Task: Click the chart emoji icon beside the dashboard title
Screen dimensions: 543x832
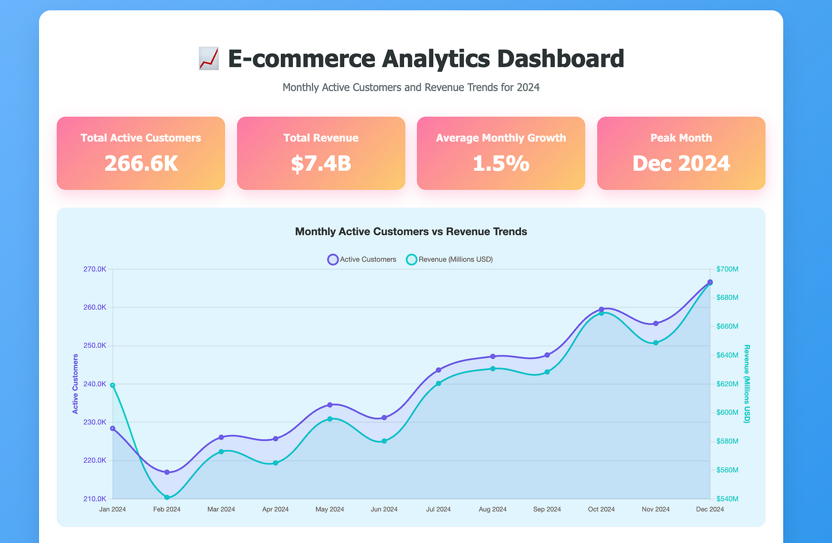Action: [209, 58]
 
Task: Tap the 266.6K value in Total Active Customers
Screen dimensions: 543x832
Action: [141, 163]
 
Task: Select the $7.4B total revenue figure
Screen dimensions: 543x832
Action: [321, 163]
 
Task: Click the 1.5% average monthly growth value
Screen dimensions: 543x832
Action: [501, 163]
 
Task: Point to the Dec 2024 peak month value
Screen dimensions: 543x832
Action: [681, 163]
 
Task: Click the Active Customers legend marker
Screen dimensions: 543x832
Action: [333, 259]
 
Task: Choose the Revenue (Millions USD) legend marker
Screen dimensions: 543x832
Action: [411, 259]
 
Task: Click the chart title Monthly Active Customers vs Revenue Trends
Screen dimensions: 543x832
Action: [411, 232]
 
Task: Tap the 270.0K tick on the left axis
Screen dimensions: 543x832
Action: [95, 269]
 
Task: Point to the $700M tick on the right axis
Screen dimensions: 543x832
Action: [727, 269]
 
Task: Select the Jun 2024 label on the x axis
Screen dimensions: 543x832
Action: [384, 509]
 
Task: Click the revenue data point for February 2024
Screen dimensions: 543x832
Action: [167, 498]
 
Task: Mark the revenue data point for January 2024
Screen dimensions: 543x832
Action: [113, 385]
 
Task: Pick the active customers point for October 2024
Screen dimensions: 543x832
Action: [602, 309]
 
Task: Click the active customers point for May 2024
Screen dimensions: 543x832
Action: [330, 405]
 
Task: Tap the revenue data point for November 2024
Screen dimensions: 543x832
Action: [656, 343]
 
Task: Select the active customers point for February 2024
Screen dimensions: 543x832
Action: [167, 472]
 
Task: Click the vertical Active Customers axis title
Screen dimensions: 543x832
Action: [75, 384]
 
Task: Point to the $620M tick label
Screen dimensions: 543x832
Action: [727, 384]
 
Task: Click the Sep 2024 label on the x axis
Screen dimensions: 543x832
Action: [547, 509]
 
